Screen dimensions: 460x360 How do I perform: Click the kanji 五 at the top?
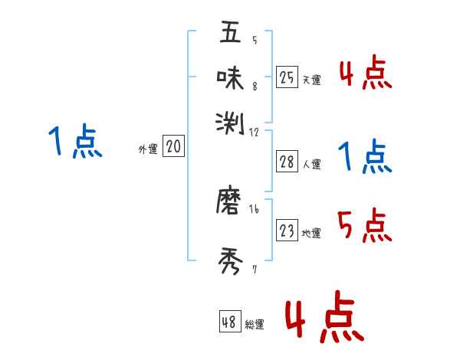pos(230,34)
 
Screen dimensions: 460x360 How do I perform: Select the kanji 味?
pos(230,77)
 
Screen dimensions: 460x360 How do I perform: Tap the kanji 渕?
pos(230,120)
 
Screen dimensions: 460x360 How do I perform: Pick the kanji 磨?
pos(230,202)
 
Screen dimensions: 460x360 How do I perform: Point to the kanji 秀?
pos(230,263)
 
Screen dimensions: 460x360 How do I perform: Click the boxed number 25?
pos(287,77)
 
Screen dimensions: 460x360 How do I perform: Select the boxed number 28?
pos(287,162)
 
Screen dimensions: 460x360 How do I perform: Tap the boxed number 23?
pos(287,230)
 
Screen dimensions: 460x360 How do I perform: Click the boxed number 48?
pos(229,322)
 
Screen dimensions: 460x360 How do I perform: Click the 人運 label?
pos(312,164)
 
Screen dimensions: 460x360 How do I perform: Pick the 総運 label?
pos(255,325)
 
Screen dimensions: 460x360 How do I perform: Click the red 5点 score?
pos(365,226)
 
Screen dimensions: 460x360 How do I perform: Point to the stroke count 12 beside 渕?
pos(255,132)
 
